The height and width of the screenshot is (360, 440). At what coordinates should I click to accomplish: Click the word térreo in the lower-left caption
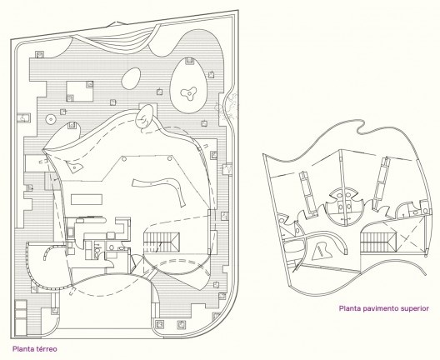point(47,349)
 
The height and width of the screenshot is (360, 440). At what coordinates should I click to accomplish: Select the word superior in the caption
point(418,308)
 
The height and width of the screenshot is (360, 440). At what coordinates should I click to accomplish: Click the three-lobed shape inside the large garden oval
point(188,92)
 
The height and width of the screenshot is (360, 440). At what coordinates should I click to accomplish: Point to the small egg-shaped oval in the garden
point(131,78)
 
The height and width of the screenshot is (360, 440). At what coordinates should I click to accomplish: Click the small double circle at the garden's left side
point(51,119)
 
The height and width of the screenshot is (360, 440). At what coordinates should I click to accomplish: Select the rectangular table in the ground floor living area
point(87,199)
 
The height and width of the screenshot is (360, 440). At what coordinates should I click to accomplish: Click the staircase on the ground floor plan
point(162,242)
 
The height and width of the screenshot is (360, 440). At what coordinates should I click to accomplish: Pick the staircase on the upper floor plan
point(378,242)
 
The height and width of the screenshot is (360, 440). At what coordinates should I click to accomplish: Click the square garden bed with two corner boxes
point(80,91)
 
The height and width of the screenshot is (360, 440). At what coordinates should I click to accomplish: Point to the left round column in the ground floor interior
point(123,159)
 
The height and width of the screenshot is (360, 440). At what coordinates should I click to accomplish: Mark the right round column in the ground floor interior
point(169,159)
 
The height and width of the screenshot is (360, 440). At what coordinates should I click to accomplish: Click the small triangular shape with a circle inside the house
point(75,167)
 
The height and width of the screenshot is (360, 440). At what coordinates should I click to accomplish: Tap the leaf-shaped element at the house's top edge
point(144,117)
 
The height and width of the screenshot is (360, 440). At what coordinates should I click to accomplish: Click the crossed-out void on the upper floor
point(410,237)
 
